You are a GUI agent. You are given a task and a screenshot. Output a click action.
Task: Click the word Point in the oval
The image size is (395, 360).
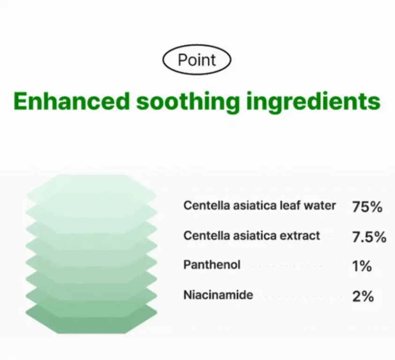point(197,60)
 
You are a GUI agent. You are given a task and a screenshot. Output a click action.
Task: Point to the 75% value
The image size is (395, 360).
point(367,207)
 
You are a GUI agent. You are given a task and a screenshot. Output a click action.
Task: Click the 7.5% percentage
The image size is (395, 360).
point(369,237)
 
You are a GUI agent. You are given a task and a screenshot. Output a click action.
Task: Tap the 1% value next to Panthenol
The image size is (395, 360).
point(362,266)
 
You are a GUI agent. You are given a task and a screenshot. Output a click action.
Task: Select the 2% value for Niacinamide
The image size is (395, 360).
point(363,296)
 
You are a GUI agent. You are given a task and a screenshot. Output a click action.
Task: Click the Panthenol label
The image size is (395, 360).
point(212,265)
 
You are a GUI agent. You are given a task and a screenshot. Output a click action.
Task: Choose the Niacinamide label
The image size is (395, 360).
point(218,295)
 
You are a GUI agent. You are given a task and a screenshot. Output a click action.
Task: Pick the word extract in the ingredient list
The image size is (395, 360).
point(300,235)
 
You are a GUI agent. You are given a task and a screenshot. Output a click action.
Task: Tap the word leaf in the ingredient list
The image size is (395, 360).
point(290,205)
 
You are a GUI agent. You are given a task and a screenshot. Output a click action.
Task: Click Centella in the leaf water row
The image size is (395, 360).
point(202,205)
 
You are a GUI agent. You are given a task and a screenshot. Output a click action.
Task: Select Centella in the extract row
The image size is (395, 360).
point(202,235)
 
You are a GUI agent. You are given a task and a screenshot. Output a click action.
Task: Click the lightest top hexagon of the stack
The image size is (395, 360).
point(91,186)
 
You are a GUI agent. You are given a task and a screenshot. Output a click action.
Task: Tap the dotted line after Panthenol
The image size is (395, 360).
point(295,266)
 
